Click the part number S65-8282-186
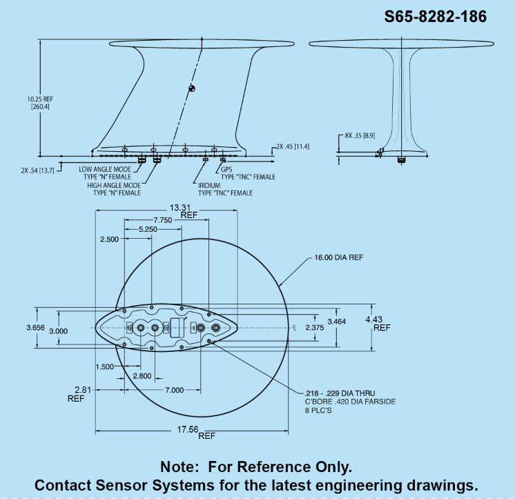(x=436, y=17)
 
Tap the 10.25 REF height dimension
(x=40, y=103)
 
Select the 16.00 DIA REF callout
(x=339, y=257)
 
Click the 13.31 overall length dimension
(x=184, y=211)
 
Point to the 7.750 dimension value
(x=163, y=220)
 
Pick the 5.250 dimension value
(x=148, y=229)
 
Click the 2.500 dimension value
(x=109, y=239)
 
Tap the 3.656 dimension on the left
(x=35, y=328)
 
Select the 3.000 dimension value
(x=59, y=331)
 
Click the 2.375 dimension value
(x=315, y=328)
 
